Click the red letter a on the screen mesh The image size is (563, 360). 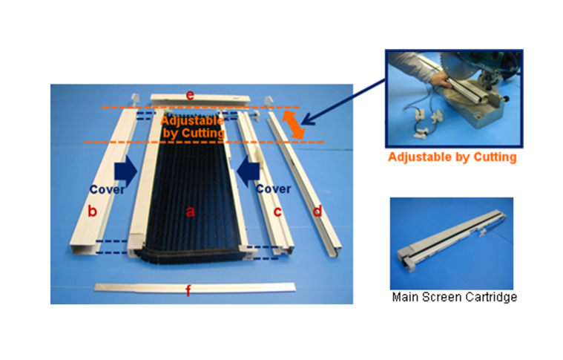tap(190, 212)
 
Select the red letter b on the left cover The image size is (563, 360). tap(92, 211)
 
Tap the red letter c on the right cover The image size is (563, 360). tap(277, 212)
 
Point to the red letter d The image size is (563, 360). tap(317, 211)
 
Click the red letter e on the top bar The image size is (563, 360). tap(190, 95)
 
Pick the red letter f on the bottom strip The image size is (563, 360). tap(188, 290)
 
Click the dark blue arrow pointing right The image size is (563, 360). tap(125, 171)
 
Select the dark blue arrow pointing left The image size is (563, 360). tap(248, 171)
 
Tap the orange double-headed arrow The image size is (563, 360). tap(294, 125)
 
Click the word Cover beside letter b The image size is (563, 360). tap(107, 189)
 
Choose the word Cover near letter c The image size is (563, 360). tap(273, 189)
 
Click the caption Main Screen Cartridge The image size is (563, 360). tap(454, 297)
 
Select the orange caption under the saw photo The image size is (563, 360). tap(452, 157)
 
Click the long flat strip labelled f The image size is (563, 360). tap(194, 287)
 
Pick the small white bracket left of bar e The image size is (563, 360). tap(135, 99)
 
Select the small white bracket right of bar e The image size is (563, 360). tap(269, 101)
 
